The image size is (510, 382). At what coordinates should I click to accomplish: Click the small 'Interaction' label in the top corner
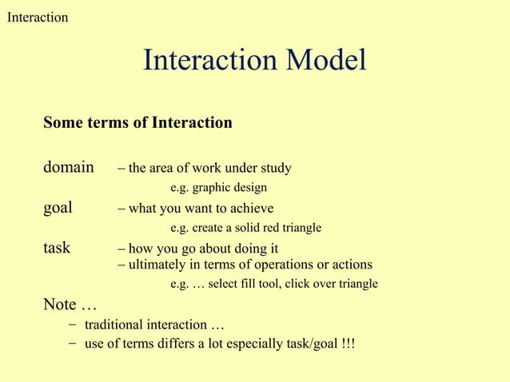pyautogui.click(x=38, y=17)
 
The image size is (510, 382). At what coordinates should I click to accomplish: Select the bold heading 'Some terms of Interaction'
pyautogui.click(x=137, y=123)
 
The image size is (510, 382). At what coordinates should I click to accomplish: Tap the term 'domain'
pyautogui.click(x=68, y=168)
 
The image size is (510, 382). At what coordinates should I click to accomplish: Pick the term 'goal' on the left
pyautogui.click(x=58, y=208)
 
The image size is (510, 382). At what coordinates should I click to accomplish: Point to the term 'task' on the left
pyautogui.click(x=57, y=248)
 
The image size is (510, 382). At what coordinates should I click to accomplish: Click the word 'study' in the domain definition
pyautogui.click(x=274, y=169)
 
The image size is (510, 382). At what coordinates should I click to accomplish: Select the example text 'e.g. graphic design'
pyautogui.click(x=218, y=188)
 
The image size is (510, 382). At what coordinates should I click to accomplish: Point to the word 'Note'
pyautogui.click(x=60, y=304)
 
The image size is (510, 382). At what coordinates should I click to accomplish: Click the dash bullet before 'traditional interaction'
pyautogui.click(x=73, y=324)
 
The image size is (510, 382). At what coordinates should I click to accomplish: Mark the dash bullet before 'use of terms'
pyautogui.click(x=73, y=344)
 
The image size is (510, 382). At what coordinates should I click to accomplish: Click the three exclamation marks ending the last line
pyautogui.click(x=348, y=344)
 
